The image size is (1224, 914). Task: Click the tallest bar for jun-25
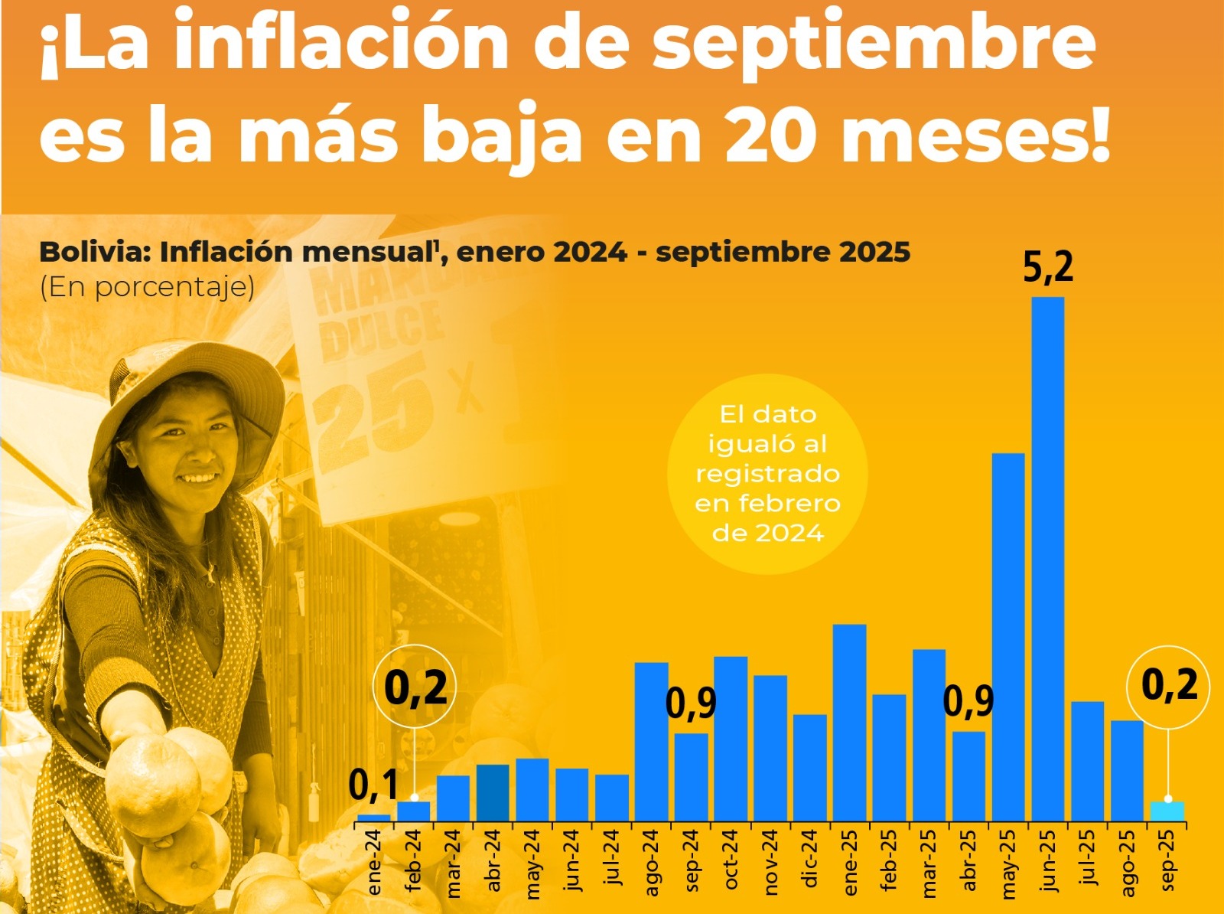[x=1047, y=559]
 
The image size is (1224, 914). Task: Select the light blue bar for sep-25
[x=1167, y=811]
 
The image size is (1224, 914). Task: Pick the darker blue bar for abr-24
[x=493, y=792]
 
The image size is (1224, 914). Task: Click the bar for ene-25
[x=849, y=723]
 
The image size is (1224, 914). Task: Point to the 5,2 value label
[x=1048, y=267]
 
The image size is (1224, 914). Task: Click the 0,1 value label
[x=373, y=785]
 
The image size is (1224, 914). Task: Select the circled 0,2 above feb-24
[x=415, y=687]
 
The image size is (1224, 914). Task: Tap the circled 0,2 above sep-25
[x=1169, y=684]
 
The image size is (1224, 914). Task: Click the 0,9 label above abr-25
[x=968, y=701]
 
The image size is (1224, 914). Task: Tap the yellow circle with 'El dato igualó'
[x=767, y=473]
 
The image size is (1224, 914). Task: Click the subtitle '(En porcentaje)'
[x=147, y=287]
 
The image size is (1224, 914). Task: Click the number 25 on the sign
[x=375, y=413]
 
